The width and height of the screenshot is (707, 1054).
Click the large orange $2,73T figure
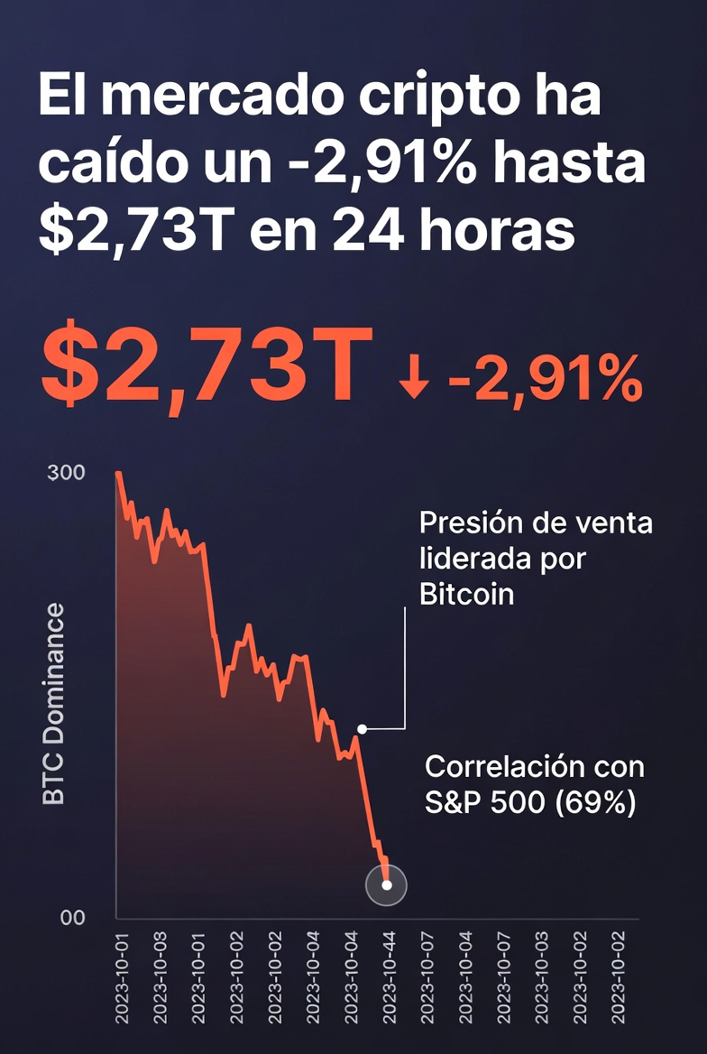207,366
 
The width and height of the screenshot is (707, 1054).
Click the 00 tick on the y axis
71,918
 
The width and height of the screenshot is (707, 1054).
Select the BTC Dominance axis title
54,704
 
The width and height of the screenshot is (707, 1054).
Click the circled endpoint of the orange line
386,885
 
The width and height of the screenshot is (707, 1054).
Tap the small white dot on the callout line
362,728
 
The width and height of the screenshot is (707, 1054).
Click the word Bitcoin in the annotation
466,594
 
